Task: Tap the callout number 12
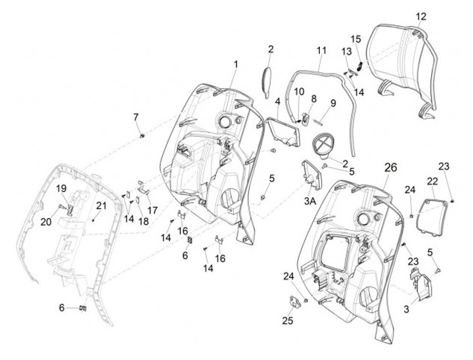pos(421,16)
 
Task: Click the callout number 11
pos(321,50)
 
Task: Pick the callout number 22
pos(433,181)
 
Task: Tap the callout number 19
pos(60,188)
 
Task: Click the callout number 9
pos(333,102)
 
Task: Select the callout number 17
pos(152,210)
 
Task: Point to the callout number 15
pos(355,39)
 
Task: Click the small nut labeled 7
pos(141,135)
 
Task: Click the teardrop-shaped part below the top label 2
pos(267,80)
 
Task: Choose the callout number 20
pos(45,222)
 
